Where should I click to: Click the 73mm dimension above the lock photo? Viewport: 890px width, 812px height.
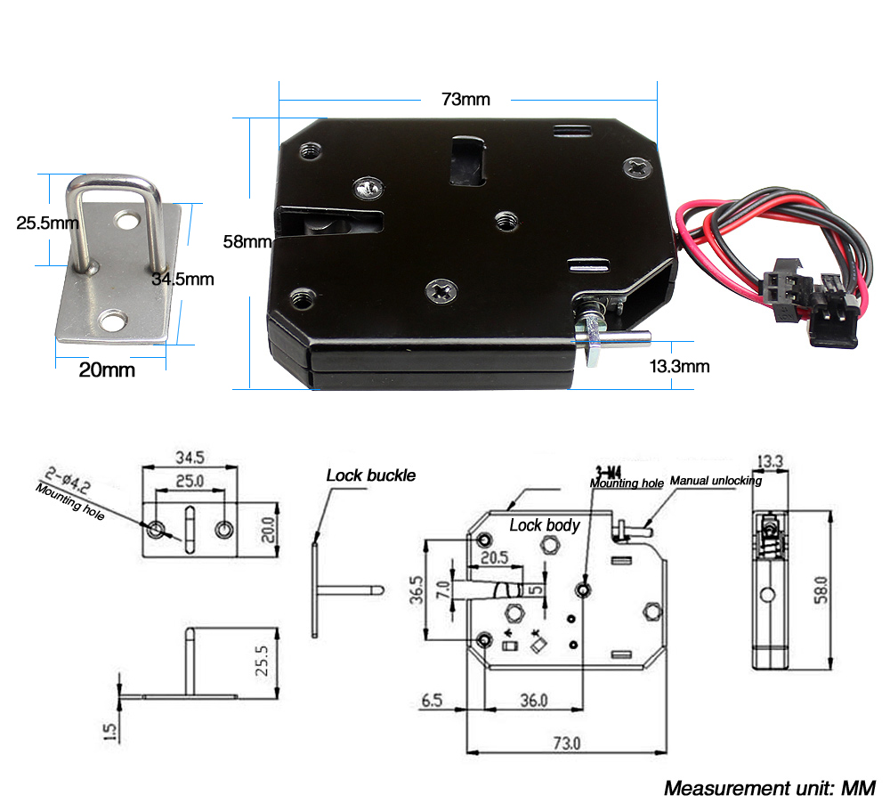click(x=465, y=99)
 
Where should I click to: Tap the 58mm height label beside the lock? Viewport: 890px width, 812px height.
click(x=247, y=241)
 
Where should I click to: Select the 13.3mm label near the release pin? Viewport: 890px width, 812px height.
click(x=680, y=366)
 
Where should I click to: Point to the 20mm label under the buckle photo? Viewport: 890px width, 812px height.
click(x=107, y=369)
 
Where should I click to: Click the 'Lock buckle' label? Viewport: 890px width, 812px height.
click(x=370, y=475)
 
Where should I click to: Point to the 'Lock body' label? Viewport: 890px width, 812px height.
click(x=544, y=525)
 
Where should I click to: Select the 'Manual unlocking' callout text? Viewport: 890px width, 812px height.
click(x=716, y=481)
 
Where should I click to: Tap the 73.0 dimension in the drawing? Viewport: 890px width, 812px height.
click(x=567, y=743)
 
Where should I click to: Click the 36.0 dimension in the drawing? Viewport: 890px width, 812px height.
click(x=533, y=701)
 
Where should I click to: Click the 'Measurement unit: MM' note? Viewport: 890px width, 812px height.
click(x=769, y=788)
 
